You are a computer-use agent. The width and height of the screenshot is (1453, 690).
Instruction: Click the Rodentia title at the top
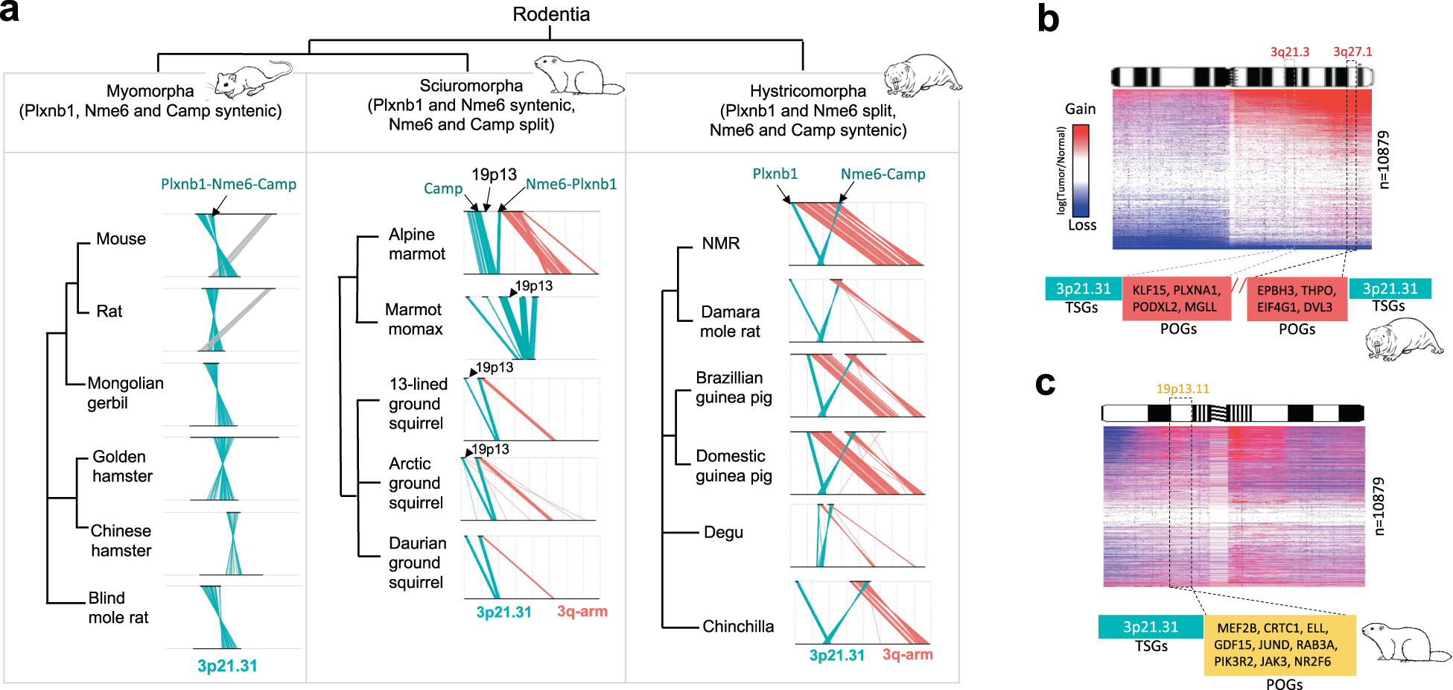coord(551,14)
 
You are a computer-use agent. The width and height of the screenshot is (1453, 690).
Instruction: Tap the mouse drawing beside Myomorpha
coord(252,79)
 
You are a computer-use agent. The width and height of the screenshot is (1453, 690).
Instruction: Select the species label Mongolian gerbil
coord(124,393)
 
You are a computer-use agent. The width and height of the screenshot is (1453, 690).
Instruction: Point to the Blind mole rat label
coord(118,607)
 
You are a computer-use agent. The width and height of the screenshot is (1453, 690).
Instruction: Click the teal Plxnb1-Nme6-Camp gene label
coord(228,184)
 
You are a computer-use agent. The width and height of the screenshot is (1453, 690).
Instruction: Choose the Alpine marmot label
coord(416,244)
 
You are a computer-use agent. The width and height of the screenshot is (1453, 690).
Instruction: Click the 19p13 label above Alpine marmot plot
coord(494,174)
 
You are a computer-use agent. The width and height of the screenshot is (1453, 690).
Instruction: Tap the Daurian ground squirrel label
coord(416,563)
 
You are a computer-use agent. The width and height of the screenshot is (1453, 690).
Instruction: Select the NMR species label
coord(720,244)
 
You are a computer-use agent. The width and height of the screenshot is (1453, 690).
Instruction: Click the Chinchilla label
coord(737,626)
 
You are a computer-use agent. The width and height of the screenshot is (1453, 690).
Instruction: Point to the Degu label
coord(722,532)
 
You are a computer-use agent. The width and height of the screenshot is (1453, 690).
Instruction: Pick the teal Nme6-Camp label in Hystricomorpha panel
coord(883,174)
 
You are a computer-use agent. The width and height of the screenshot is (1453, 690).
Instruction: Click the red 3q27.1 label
coord(1352,51)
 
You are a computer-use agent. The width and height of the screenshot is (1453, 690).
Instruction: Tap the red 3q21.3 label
coord(1289,51)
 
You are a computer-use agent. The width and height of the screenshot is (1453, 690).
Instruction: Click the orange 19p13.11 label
coord(1182,388)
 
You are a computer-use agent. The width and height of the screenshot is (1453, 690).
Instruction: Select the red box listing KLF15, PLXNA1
coord(1176,298)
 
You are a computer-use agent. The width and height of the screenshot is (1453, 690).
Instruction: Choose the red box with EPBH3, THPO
coord(1297,298)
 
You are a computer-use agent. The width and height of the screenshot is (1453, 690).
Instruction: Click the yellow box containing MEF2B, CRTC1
coord(1279,645)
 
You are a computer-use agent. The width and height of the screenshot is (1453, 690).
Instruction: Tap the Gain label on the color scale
coord(1080,109)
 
